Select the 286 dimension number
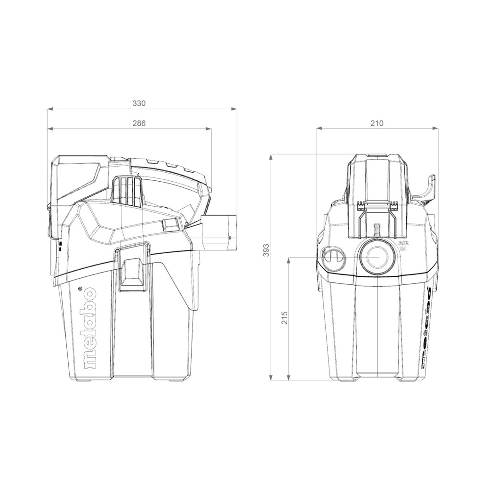click(x=139, y=123)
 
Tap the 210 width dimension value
click(x=377, y=123)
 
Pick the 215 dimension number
click(x=284, y=318)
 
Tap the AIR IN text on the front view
click(x=402, y=245)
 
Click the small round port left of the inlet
click(x=334, y=258)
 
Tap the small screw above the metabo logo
click(x=80, y=289)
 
